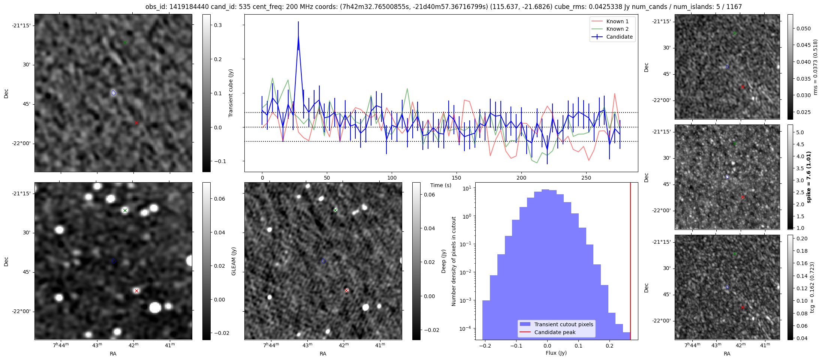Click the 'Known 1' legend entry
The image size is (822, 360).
pyautogui.click(x=617, y=21)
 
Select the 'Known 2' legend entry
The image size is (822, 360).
pyautogui.click(x=617, y=29)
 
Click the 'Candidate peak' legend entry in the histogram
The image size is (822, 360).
pyautogui.click(x=555, y=332)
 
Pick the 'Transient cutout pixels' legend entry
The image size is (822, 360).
pyautogui.click(x=563, y=324)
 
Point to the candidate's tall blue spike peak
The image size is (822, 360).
pyautogui.click(x=298, y=36)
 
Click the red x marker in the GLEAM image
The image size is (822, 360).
pyautogui.click(x=136, y=291)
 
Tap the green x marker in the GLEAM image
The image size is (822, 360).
pyautogui.click(x=125, y=210)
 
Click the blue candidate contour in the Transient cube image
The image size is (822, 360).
pyautogui.click(x=114, y=93)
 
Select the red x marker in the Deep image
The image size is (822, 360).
pyautogui.click(x=347, y=290)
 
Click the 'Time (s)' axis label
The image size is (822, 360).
pyautogui.click(x=440, y=185)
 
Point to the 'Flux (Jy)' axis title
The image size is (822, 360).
pyautogui.click(x=556, y=353)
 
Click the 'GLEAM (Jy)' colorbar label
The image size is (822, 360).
pyautogui.click(x=234, y=261)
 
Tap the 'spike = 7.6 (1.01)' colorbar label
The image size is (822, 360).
pyautogui.click(x=809, y=177)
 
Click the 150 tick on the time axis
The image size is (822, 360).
pyautogui.click(x=456, y=178)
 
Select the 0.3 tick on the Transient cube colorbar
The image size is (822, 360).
pyautogui.click(x=218, y=25)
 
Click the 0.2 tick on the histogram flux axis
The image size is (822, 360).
pyautogui.click(x=609, y=346)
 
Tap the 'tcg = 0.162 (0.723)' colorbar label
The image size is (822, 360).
pyautogui.click(x=812, y=287)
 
